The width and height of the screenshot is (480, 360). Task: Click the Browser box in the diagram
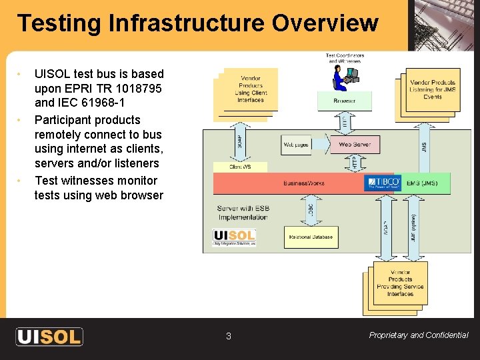point(344,101)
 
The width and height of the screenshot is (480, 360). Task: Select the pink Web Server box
point(354,145)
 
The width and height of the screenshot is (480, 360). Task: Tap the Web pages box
point(297,145)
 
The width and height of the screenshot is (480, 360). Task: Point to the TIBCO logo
point(383,182)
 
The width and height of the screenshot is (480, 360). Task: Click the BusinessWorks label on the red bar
point(304,183)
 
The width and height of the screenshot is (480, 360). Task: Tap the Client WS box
point(240,167)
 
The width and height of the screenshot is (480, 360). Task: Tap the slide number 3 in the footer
point(228,337)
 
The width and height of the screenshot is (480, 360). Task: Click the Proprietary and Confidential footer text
point(418,335)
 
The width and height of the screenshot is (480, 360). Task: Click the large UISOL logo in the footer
point(49,336)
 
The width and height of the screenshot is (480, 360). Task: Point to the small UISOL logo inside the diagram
point(234,237)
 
